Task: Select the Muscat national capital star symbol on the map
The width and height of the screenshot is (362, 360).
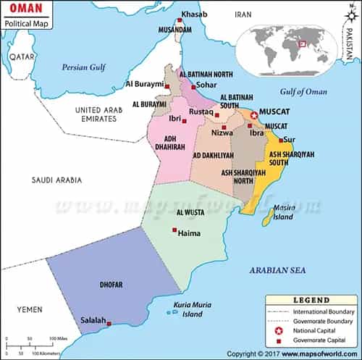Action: (x=254, y=115)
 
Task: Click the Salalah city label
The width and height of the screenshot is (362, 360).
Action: (x=92, y=321)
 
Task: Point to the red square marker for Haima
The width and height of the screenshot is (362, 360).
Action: (x=174, y=231)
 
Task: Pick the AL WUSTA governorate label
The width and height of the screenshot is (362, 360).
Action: (x=189, y=212)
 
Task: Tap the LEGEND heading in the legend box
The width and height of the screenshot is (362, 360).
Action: (x=312, y=300)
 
